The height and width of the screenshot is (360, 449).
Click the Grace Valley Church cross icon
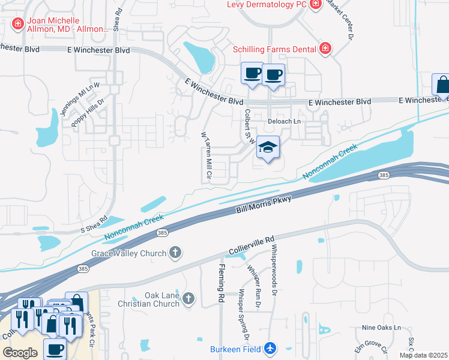coord(175,253)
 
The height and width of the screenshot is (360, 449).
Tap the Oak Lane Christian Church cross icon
coord(189,298)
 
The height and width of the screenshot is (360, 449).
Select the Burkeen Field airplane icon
coord(270,348)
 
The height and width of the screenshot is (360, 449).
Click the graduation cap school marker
coord(268,147)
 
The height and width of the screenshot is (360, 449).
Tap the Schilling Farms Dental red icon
coord(325,47)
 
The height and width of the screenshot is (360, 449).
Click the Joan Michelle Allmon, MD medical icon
coord(17,23)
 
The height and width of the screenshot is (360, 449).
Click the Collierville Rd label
coord(252,245)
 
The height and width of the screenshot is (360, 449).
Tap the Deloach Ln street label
coord(284,121)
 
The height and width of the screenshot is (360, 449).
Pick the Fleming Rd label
coord(221,283)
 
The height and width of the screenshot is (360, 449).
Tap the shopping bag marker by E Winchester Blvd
coord(442,85)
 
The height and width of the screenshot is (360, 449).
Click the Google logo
coord(20,353)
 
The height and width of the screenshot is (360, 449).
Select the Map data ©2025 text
coord(423,355)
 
